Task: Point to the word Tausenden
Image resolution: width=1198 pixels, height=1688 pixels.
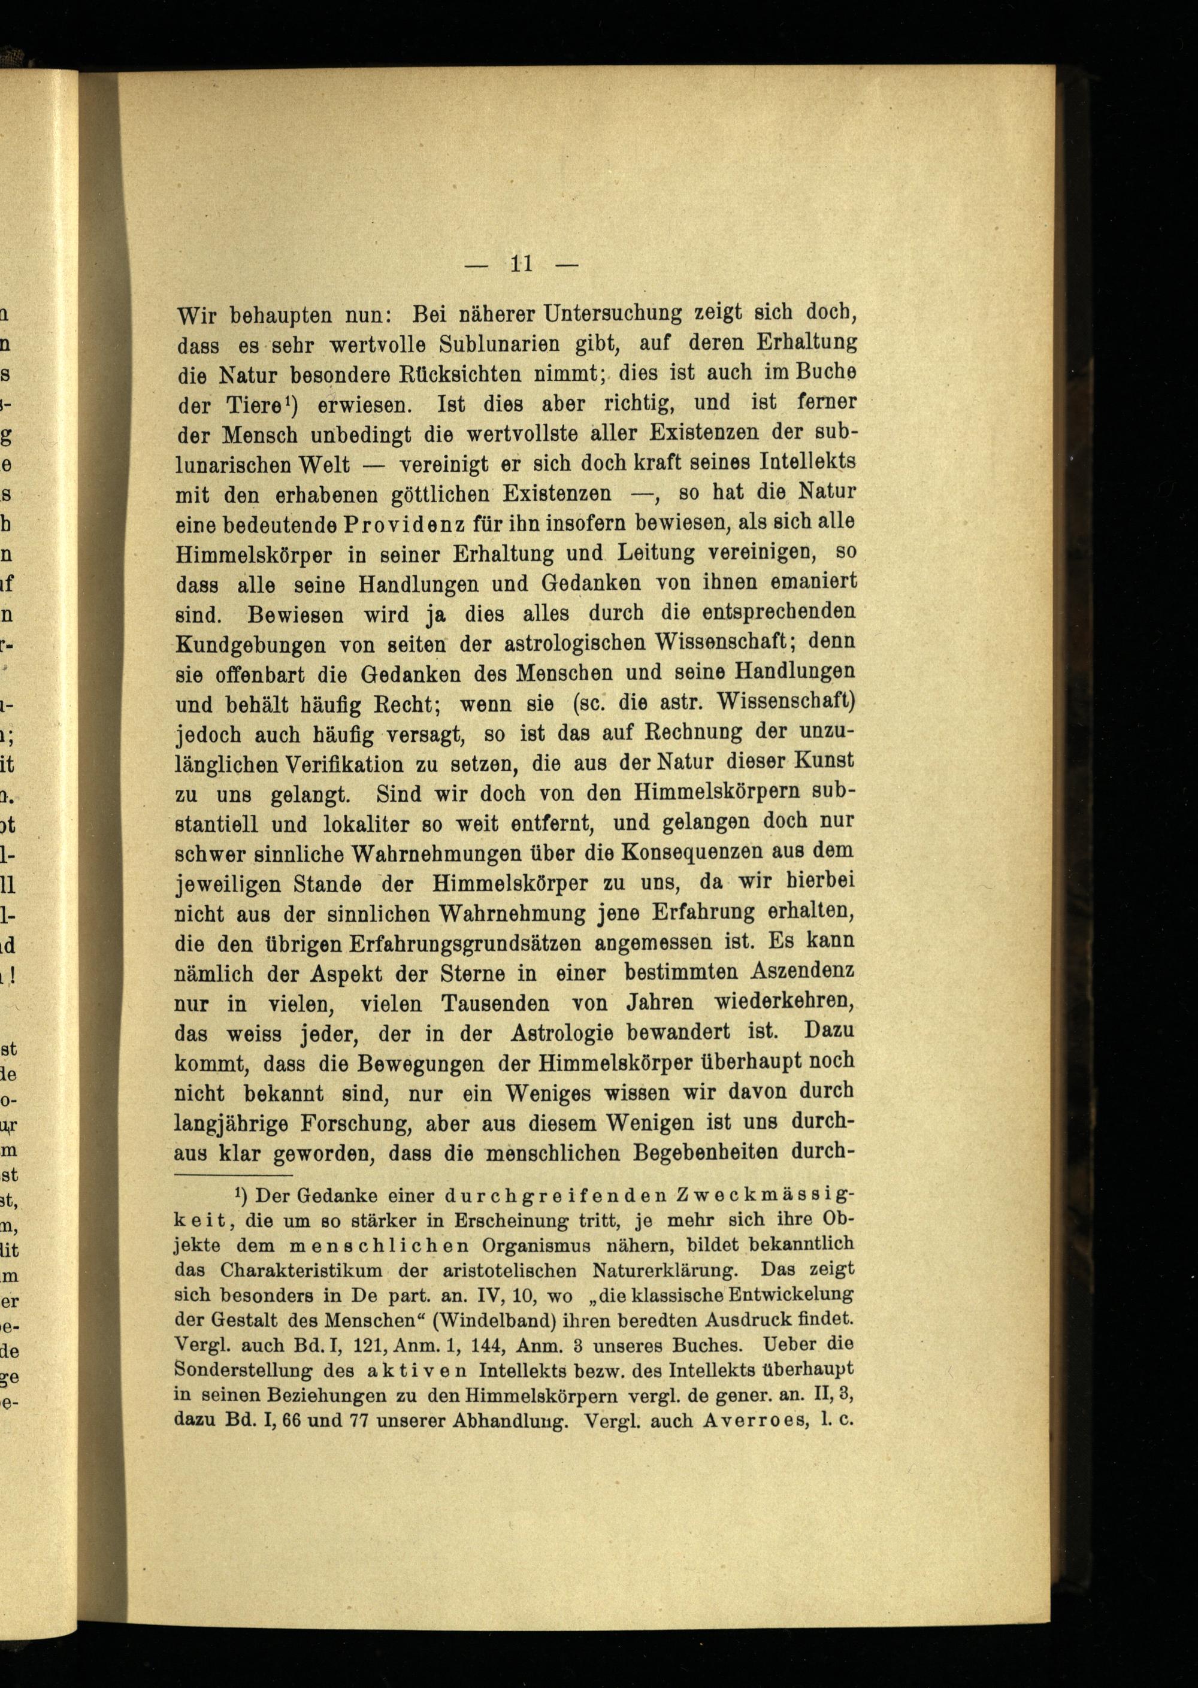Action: (x=507, y=1004)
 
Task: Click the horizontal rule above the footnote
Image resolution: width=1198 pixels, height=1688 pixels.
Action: (x=234, y=1175)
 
